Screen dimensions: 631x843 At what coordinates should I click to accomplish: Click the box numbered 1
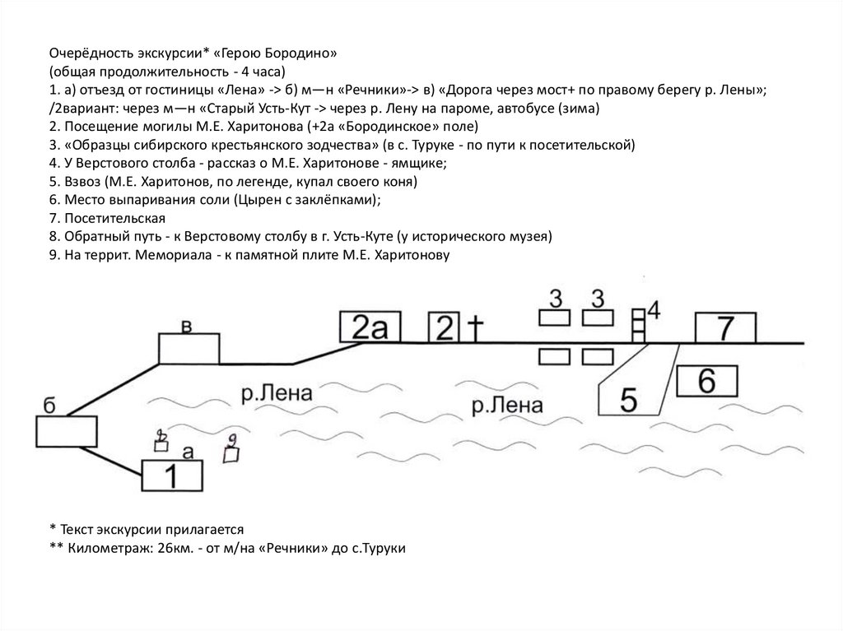click(x=173, y=476)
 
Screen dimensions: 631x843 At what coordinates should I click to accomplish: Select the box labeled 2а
click(x=368, y=328)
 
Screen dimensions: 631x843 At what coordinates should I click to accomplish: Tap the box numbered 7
click(x=725, y=328)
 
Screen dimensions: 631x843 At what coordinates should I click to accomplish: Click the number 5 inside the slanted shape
click(x=627, y=399)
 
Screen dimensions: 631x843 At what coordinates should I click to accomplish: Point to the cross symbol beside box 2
click(x=475, y=327)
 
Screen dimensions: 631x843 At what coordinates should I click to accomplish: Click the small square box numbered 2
click(x=445, y=327)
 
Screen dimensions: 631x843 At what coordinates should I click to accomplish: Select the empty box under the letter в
click(x=189, y=348)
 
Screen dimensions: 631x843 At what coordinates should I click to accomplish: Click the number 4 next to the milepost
click(x=654, y=309)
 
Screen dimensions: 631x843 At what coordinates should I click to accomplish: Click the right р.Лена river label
click(x=508, y=404)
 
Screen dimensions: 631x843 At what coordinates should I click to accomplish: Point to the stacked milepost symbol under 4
click(x=638, y=325)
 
